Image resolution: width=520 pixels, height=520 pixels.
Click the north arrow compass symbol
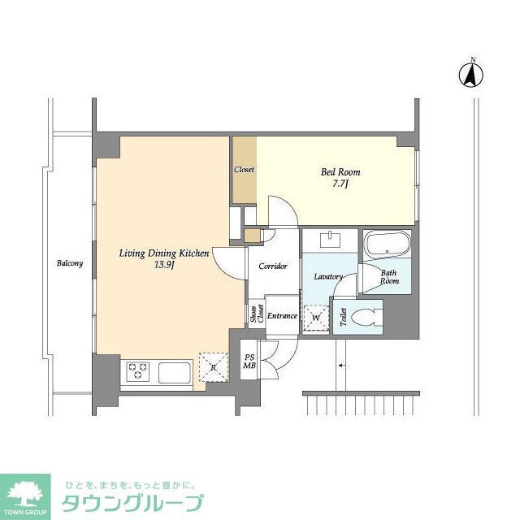click(470, 75)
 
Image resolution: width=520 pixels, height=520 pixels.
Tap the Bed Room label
click(340, 172)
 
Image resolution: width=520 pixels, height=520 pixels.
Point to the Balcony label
click(69, 263)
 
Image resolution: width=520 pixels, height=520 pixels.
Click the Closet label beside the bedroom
click(244, 170)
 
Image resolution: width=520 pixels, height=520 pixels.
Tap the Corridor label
click(272, 266)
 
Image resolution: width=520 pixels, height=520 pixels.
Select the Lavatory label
click(328, 277)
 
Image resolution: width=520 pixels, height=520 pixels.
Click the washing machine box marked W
click(315, 317)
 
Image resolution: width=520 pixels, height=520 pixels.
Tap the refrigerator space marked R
click(213, 367)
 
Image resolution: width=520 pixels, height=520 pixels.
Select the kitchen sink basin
click(174, 374)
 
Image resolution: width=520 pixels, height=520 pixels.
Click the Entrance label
click(282, 316)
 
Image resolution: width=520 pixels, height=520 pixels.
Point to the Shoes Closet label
click(256, 315)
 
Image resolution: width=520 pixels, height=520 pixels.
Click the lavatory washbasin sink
click(331, 240)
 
